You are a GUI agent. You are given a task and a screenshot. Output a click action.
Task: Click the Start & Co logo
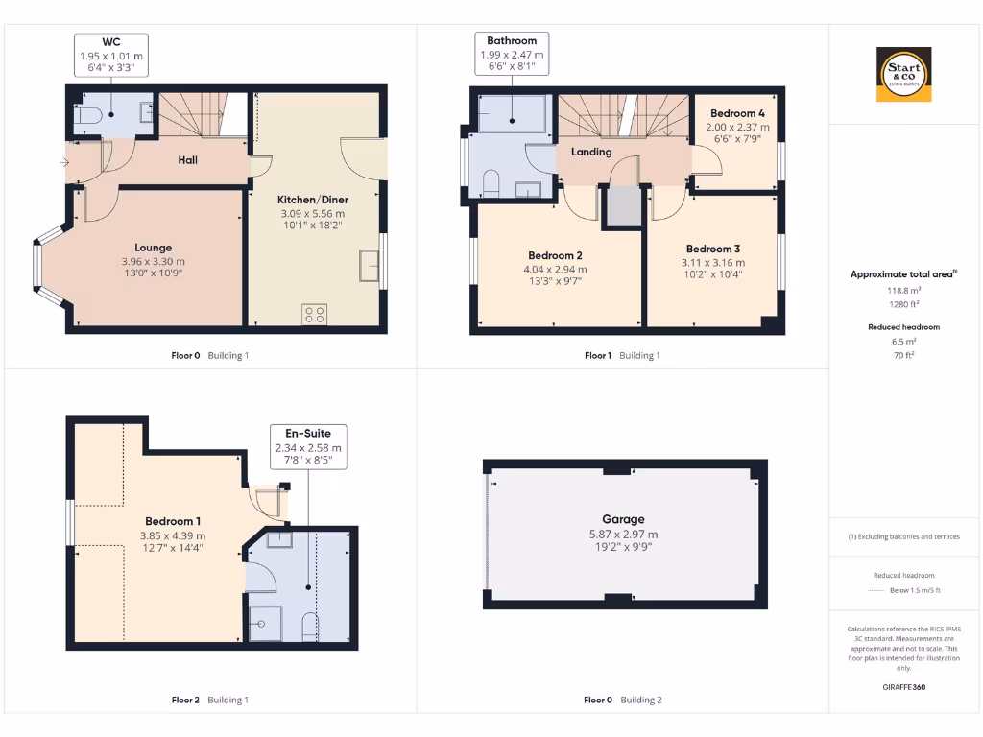coord(903,75)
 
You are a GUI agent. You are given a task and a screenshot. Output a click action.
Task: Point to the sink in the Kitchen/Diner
coord(369,264)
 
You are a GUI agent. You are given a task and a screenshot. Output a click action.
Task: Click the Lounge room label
coord(153,248)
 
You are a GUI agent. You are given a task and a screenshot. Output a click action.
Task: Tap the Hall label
coord(188,160)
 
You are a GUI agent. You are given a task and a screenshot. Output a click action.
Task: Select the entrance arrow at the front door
coord(63,163)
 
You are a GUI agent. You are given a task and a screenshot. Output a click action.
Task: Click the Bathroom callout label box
coord(512,56)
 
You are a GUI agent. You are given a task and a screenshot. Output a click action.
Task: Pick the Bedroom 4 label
coord(737,113)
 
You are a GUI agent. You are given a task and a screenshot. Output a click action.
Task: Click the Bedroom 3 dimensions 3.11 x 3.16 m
coord(713,262)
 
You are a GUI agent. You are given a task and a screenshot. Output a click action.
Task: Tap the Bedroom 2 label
coord(555,256)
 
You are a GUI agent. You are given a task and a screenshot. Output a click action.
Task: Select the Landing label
coord(591,152)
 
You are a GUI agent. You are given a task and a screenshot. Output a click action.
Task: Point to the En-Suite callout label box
coord(308,447)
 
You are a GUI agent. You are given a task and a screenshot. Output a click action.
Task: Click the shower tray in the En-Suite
coord(264,622)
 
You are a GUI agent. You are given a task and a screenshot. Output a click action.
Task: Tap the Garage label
coord(623,519)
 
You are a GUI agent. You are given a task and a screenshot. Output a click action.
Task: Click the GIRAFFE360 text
coord(903,687)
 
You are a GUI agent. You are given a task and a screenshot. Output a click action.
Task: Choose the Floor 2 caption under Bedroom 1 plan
coord(185,700)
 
